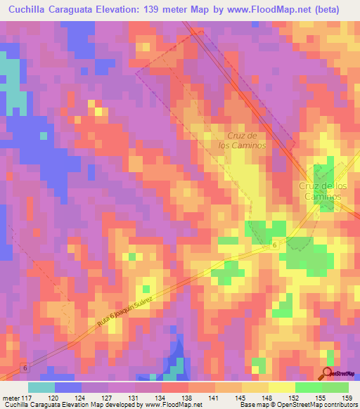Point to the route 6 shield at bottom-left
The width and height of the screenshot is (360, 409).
25,368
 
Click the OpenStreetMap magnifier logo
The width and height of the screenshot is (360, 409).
328,372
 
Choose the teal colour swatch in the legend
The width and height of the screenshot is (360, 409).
41,387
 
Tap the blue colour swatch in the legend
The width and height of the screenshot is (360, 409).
68,387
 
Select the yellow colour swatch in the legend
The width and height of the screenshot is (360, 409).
281,387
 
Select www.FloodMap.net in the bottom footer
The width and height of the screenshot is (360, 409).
172,405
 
